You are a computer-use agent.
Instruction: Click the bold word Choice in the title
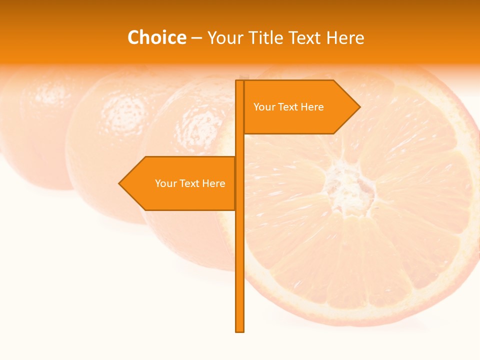pos(156,37)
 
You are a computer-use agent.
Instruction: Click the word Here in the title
pos(344,37)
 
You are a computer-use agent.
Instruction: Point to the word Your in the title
pos(225,37)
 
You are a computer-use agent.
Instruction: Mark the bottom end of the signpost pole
pos(239,330)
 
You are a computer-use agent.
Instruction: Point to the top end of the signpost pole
pos(239,82)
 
